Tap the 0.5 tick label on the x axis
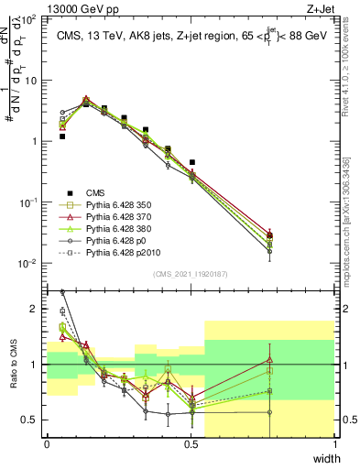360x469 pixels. tap(191, 444)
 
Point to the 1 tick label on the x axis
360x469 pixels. tap(334, 444)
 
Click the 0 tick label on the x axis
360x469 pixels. tap(47, 444)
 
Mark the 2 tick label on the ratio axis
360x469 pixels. tap(37, 309)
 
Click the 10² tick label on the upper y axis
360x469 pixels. tap(33, 18)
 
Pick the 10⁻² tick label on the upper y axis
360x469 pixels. tap(32, 263)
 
